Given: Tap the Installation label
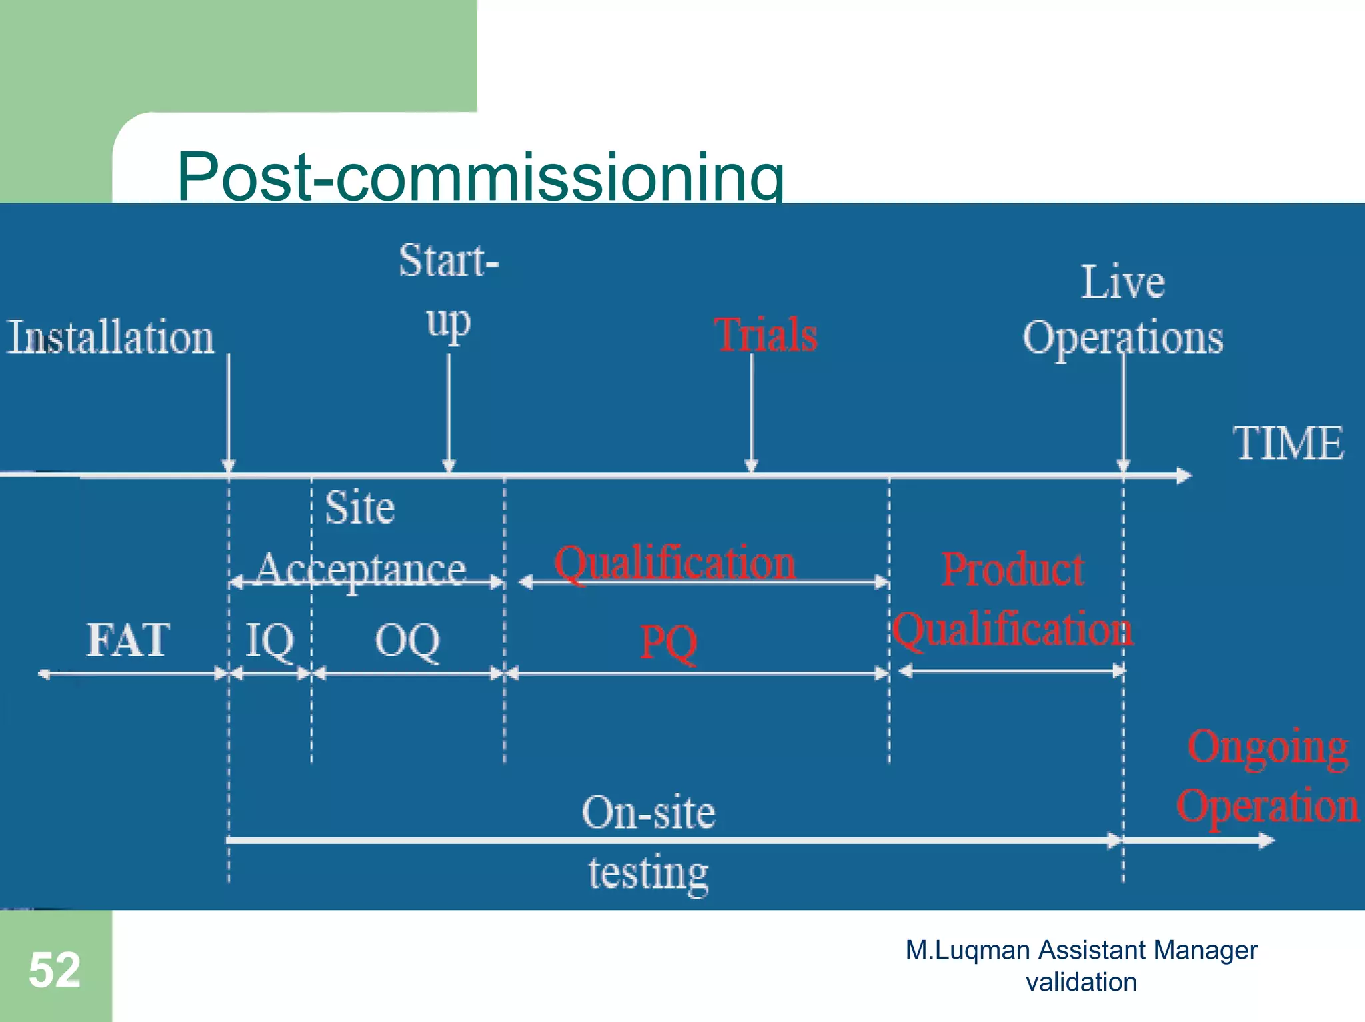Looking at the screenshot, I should [111, 337].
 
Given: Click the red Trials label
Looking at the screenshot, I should [766, 334].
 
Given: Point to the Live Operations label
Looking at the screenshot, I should [1123, 310].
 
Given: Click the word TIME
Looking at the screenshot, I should [1288, 444].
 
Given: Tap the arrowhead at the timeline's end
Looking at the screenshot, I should [1184, 476].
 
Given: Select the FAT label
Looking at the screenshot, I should [128, 640].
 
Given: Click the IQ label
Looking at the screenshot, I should [269, 641].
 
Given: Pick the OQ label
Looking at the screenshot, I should [407, 641].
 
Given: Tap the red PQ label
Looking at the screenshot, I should [669, 643].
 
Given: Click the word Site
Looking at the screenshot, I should [359, 508].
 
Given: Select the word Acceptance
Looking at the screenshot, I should [361, 570].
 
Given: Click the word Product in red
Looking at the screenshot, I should [1012, 570].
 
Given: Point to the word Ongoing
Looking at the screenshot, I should [1268, 748].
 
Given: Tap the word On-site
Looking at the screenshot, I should [649, 813].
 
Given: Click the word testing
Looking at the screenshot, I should [649, 873].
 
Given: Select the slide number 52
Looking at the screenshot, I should [55, 970].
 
